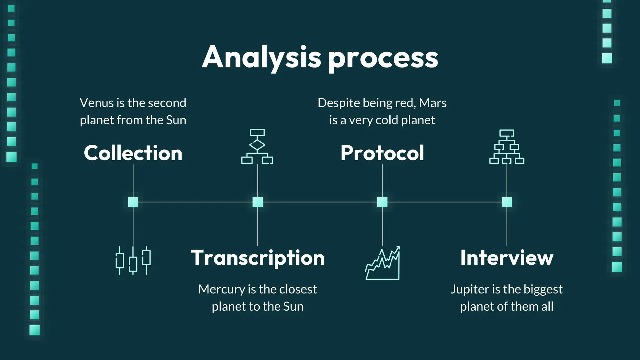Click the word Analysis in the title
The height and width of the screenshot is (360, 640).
(x=261, y=57)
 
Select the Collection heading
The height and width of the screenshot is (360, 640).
(x=133, y=153)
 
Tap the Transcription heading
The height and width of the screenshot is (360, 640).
(x=257, y=258)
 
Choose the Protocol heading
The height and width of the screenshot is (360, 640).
(x=382, y=153)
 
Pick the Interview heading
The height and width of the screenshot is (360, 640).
(x=507, y=258)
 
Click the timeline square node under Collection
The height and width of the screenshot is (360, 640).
(x=133, y=202)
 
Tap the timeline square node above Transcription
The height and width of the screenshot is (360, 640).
(x=257, y=202)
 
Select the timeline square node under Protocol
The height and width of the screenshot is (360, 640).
(x=382, y=202)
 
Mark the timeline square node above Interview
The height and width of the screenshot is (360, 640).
(x=507, y=202)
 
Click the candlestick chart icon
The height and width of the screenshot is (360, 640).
(x=133, y=261)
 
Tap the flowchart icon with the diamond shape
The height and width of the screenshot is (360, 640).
(x=257, y=146)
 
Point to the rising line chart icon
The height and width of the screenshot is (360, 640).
(x=382, y=263)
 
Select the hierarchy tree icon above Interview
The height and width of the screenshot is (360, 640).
(x=507, y=147)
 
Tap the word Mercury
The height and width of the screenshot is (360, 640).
(x=222, y=289)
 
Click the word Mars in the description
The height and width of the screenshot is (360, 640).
(x=432, y=103)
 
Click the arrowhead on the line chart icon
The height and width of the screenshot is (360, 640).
(x=397, y=249)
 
